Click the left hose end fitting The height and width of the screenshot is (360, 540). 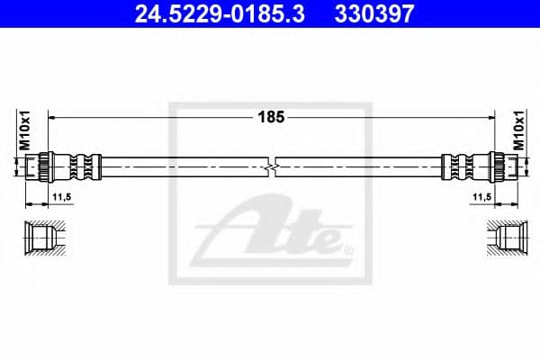[x=63, y=167]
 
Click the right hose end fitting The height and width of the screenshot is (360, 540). [x=477, y=167]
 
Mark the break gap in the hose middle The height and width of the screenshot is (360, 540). [x=271, y=167]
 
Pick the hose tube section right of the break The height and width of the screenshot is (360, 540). [x=360, y=167]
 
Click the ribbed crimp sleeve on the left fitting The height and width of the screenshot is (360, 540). [x=82, y=167]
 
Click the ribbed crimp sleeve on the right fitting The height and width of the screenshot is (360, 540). [x=459, y=167]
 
